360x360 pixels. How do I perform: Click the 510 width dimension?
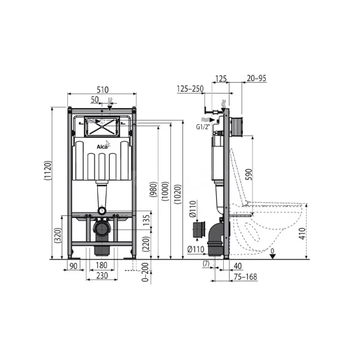(103, 89)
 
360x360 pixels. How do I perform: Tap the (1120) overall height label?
(48, 170)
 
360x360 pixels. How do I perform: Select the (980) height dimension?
(154, 190)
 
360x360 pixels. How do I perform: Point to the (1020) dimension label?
(178, 194)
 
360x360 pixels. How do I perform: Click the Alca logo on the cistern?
(103, 145)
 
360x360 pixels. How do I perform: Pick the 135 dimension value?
(146, 220)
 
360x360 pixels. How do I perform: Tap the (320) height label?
(58, 235)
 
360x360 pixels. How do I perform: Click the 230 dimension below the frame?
(102, 275)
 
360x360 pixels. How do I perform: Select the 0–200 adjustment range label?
(145, 272)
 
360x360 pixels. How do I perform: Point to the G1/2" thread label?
(203, 127)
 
